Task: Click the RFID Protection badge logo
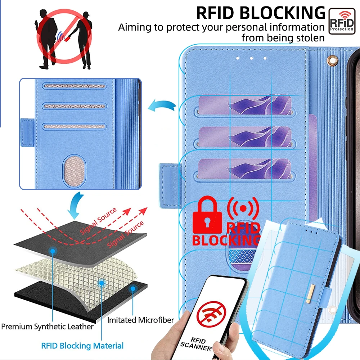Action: [342, 21]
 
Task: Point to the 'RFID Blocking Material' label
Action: [82, 346]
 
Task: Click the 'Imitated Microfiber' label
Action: [140, 320]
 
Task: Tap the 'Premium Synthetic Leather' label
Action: [47, 327]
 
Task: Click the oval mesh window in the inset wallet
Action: [74, 170]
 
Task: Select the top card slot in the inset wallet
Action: [74, 86]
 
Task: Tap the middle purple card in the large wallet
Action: [245, 137]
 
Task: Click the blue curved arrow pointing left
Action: [162, 105]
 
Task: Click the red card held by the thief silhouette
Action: [67, 39]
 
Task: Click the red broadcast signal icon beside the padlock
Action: [243, 208]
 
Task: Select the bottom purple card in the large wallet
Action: [244, 169]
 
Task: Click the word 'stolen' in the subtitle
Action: [311, 38]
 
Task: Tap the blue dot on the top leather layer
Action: [53, 251]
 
